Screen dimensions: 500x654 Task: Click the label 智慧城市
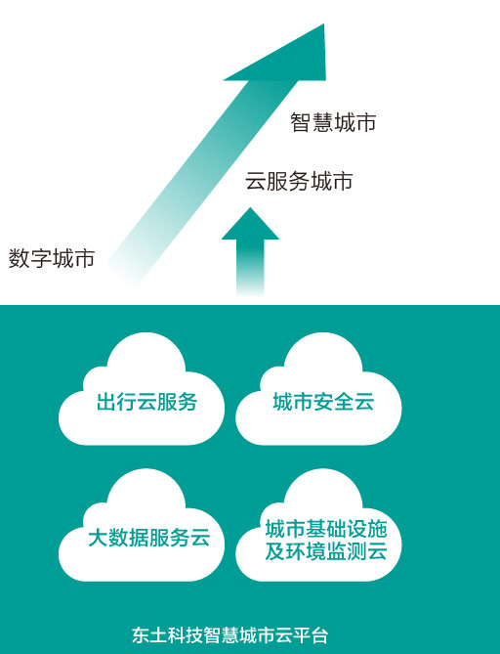(x=333, y=122)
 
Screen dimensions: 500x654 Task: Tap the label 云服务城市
(x=299, y=181)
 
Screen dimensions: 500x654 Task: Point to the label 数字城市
(x=51, y=258)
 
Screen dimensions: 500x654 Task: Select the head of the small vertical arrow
(x=250, y=225)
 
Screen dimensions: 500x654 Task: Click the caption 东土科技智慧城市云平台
(x=230, y=635)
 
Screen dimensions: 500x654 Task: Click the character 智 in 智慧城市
(x=301, y=122)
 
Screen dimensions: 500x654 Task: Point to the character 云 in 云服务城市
(x=256, y=181)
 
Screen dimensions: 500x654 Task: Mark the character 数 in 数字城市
(x=20, y=258)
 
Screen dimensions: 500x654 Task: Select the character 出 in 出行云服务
(x=106, y=402)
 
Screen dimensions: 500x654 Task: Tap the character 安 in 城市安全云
(x=323, y=402)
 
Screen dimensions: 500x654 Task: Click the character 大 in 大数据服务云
(x=99, y=538)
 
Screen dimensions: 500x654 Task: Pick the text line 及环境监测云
(x=326, y=551)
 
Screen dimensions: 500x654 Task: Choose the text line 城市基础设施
(x=326, y=529)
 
